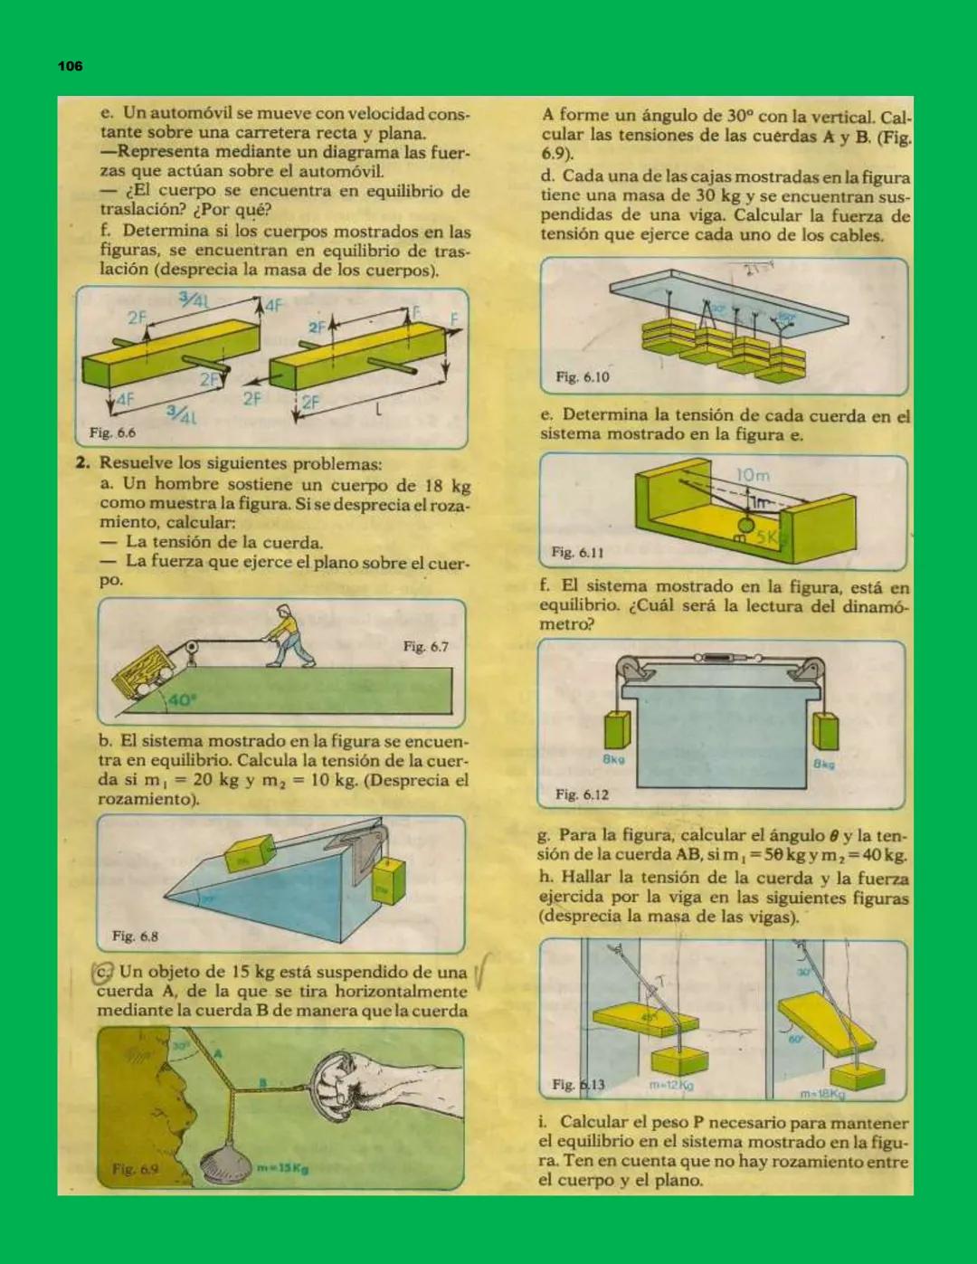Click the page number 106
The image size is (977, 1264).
70,66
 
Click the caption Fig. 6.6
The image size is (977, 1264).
112,432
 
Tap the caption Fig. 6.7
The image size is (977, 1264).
425,646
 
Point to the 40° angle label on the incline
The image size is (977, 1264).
181,699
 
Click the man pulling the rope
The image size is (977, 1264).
289,637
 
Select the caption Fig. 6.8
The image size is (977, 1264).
135,936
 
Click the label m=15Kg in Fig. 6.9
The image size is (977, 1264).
283,1168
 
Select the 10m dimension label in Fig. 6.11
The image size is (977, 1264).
753,475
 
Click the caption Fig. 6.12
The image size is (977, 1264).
582,794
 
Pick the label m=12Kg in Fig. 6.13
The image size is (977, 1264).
671,1084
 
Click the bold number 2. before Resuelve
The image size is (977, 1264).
82,463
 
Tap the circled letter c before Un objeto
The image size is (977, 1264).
103,974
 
